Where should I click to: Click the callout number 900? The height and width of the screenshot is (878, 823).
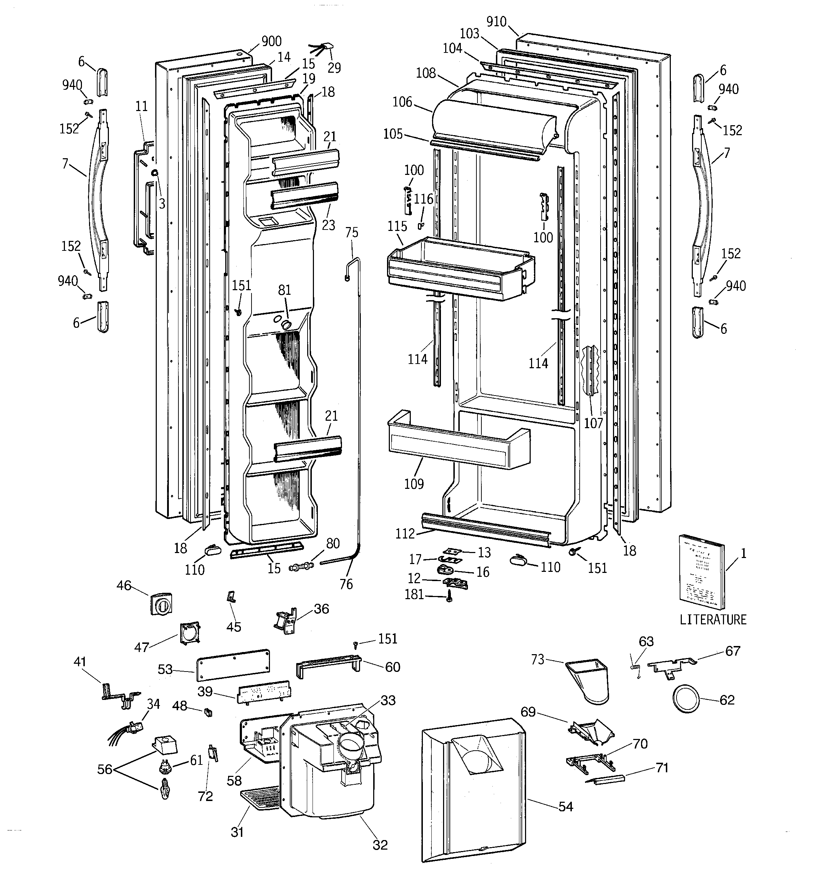271,41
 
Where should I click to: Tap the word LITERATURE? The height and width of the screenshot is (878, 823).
713,620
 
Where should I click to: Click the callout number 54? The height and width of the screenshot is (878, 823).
566,807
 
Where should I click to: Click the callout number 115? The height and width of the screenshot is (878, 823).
397,227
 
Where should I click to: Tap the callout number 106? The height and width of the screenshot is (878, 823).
402,102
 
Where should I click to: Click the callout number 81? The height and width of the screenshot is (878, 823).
285,290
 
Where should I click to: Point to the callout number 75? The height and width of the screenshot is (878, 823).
352,232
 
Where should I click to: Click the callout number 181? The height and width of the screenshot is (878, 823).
414,595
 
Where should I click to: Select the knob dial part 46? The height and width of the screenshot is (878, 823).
161,604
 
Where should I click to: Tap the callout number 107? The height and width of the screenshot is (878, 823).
593,423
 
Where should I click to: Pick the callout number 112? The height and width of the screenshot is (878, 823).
405,534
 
